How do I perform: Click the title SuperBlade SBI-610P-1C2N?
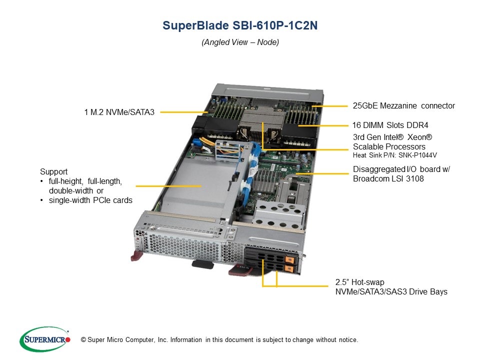[x=240, y=25]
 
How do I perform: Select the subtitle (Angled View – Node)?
[x=240, y=42]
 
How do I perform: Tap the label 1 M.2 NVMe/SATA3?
[x=119, y=112]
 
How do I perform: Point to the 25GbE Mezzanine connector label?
[x=404, y=106]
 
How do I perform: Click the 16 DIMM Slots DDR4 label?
[x=390, y=125]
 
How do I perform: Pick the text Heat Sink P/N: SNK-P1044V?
[x=395, y=155]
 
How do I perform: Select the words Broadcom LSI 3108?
[x=388, y=179]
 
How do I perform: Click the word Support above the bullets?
[x=54, y=171]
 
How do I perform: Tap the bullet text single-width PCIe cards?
[x=90, y=200]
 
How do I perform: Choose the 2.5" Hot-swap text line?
[x=360, y=282]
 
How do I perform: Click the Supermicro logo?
[x=45, y=339]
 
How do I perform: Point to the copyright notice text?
[x=219, y=340]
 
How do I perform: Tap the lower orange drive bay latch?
[x=289, y=269]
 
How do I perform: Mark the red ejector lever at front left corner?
[x=136, y=256]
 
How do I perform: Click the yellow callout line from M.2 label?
[x=184, y=112]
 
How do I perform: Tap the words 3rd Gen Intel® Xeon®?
[x=392, y=137]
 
